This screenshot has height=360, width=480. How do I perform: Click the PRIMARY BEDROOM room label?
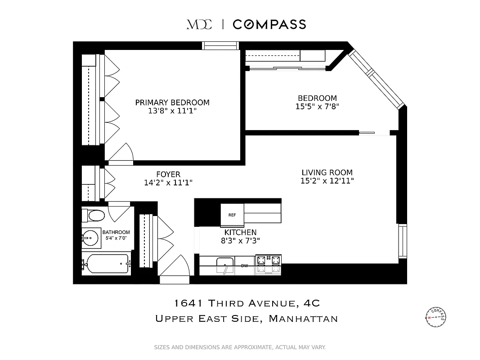172,103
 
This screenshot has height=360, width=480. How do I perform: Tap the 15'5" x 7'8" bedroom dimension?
317,107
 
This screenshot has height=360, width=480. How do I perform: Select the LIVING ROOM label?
327,172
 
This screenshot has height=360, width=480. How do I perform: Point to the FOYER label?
168,174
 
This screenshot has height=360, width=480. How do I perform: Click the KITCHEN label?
241,232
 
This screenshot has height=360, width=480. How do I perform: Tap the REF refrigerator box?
232,215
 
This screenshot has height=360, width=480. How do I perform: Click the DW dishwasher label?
244,265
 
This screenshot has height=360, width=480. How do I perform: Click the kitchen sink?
224,265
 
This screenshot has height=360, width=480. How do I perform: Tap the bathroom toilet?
95,216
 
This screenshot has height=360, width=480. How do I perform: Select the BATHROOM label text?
116,232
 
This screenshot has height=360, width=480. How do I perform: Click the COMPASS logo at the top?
269,24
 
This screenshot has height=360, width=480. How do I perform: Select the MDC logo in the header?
199,24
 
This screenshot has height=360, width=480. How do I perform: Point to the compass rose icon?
435,317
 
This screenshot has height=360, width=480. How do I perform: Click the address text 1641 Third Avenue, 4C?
247,303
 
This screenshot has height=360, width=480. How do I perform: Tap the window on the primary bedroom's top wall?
220,45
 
